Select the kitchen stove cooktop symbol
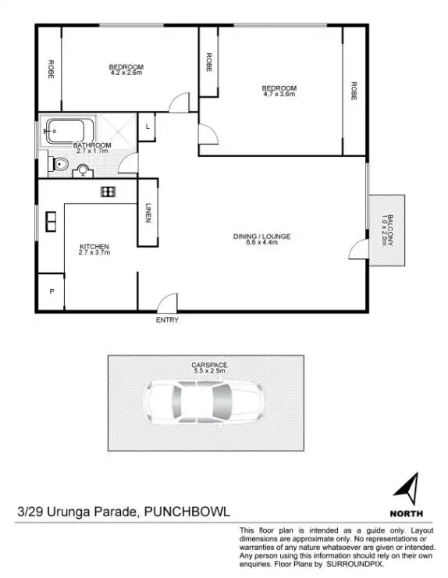[x=108, y=191]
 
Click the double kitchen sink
[x=50, y=222]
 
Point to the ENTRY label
[x=167, y=320]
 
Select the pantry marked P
[x=52, y=291]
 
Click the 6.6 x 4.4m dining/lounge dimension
[x=256, y=242]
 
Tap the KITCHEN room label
[x=94, y=246]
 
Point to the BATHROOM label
[x=92, y=145]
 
